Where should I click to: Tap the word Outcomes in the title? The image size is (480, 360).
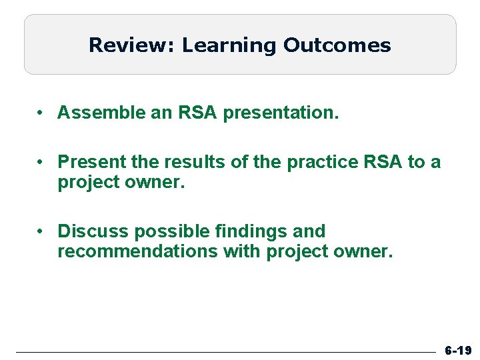(337, 45)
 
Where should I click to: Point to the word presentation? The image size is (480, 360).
(281, 113)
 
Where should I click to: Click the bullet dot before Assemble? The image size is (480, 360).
(41, 113)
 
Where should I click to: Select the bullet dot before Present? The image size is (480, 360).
(41, 162)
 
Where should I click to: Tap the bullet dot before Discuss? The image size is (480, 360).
(41, 231)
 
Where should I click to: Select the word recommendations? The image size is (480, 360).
(137, 251)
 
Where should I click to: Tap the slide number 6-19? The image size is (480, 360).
(458, 350)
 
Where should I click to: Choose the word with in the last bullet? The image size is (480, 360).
(242, 251)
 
